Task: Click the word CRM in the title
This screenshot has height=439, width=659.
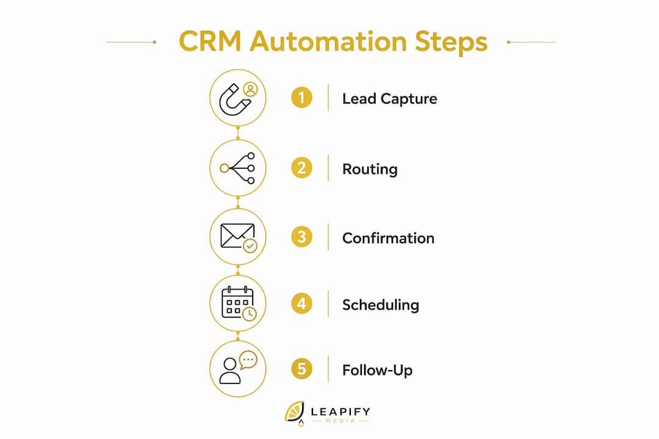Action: pos(210,41)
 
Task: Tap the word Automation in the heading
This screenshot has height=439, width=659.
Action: pos(328,41)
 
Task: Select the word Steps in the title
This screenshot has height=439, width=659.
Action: pos(451,43)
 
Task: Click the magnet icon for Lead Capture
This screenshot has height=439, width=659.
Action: pos(234,100)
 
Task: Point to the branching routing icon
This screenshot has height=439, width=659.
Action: pos(237,168)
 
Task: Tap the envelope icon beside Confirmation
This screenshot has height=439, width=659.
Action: pos(237,236)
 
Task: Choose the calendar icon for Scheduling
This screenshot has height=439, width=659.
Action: pos(237,302)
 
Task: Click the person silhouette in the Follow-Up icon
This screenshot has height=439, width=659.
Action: pos(230,371)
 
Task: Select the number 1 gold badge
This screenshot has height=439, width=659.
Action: pos(302,98)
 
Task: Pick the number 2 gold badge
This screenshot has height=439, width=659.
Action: pos(302,168)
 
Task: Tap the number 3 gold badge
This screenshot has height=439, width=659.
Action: pos(302,237)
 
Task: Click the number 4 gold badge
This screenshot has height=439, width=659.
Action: pos(302,303)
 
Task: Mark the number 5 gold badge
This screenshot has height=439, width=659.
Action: pos(302,369)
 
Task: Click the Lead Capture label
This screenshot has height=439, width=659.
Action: pos(389,99)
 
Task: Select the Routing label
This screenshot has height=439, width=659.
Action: pos(370,170)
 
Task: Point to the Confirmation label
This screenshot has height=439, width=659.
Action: pos(388,238)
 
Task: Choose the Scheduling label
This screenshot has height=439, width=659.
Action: pos(381,305)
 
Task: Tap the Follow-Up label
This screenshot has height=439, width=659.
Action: pos(378,370)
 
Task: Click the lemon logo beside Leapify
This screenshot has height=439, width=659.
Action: pos(295,413)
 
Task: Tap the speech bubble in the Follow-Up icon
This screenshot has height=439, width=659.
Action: pos(248,360)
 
